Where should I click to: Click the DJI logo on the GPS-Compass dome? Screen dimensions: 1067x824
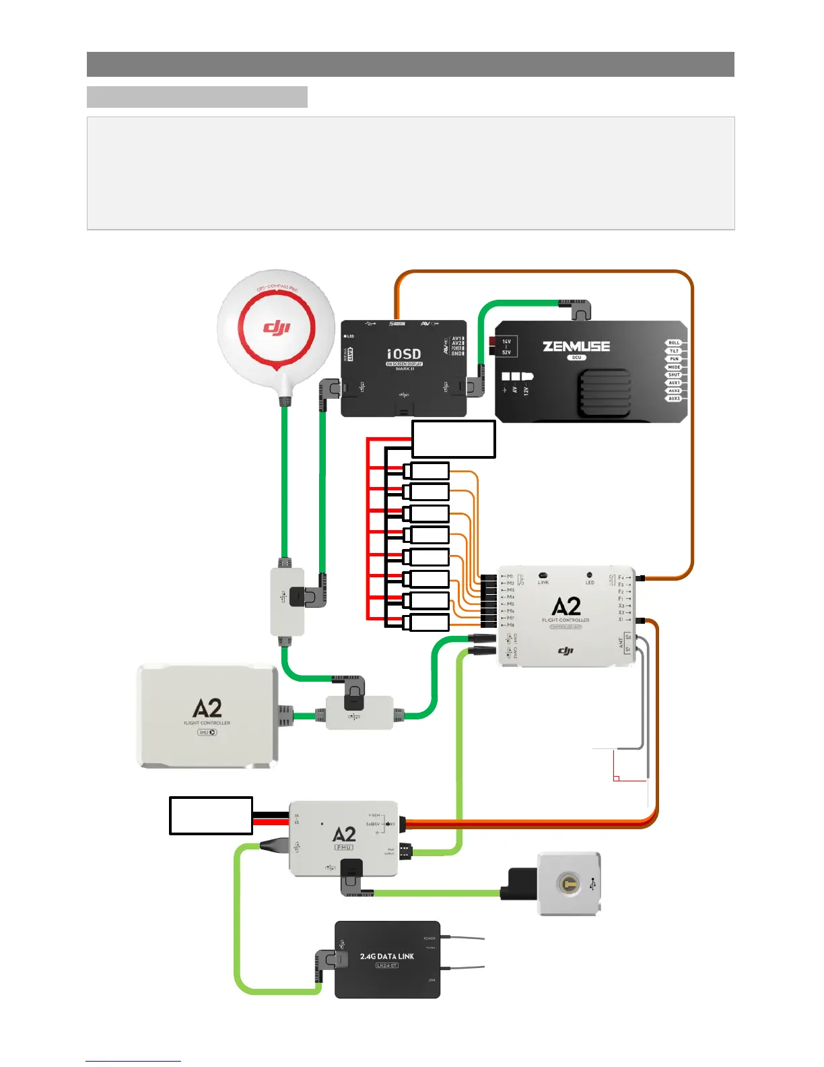pos(276,328)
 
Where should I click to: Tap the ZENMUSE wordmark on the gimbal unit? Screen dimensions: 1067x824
pos(576,346)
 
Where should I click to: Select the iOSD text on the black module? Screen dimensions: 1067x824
pos(404,354)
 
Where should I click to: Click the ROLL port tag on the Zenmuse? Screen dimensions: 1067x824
pos(674,343)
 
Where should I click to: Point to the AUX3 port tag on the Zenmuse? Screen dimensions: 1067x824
pos(674,399)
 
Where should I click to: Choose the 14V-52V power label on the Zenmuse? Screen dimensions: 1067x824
pos(506,347)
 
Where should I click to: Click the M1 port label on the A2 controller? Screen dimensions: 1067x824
pos(510,577)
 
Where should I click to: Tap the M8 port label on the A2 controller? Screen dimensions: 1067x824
pos(510,625)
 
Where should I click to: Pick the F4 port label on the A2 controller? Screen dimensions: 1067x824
pos(622,577)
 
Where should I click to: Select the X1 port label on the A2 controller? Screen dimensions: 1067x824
pos(622,620)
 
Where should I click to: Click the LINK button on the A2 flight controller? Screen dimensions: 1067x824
pos(543,576)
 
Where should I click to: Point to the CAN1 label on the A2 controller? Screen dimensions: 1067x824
pos(516,638)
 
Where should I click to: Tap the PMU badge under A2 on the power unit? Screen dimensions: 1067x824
pos(344,847)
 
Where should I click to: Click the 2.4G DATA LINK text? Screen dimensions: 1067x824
pos(387,957)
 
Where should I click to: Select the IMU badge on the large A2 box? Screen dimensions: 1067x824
pos(207,732)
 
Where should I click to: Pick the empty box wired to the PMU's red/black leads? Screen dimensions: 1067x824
pos(211,816)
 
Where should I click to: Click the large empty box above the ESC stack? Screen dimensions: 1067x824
pos(454,439)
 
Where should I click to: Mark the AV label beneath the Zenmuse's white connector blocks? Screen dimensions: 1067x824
pos(515,390)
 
